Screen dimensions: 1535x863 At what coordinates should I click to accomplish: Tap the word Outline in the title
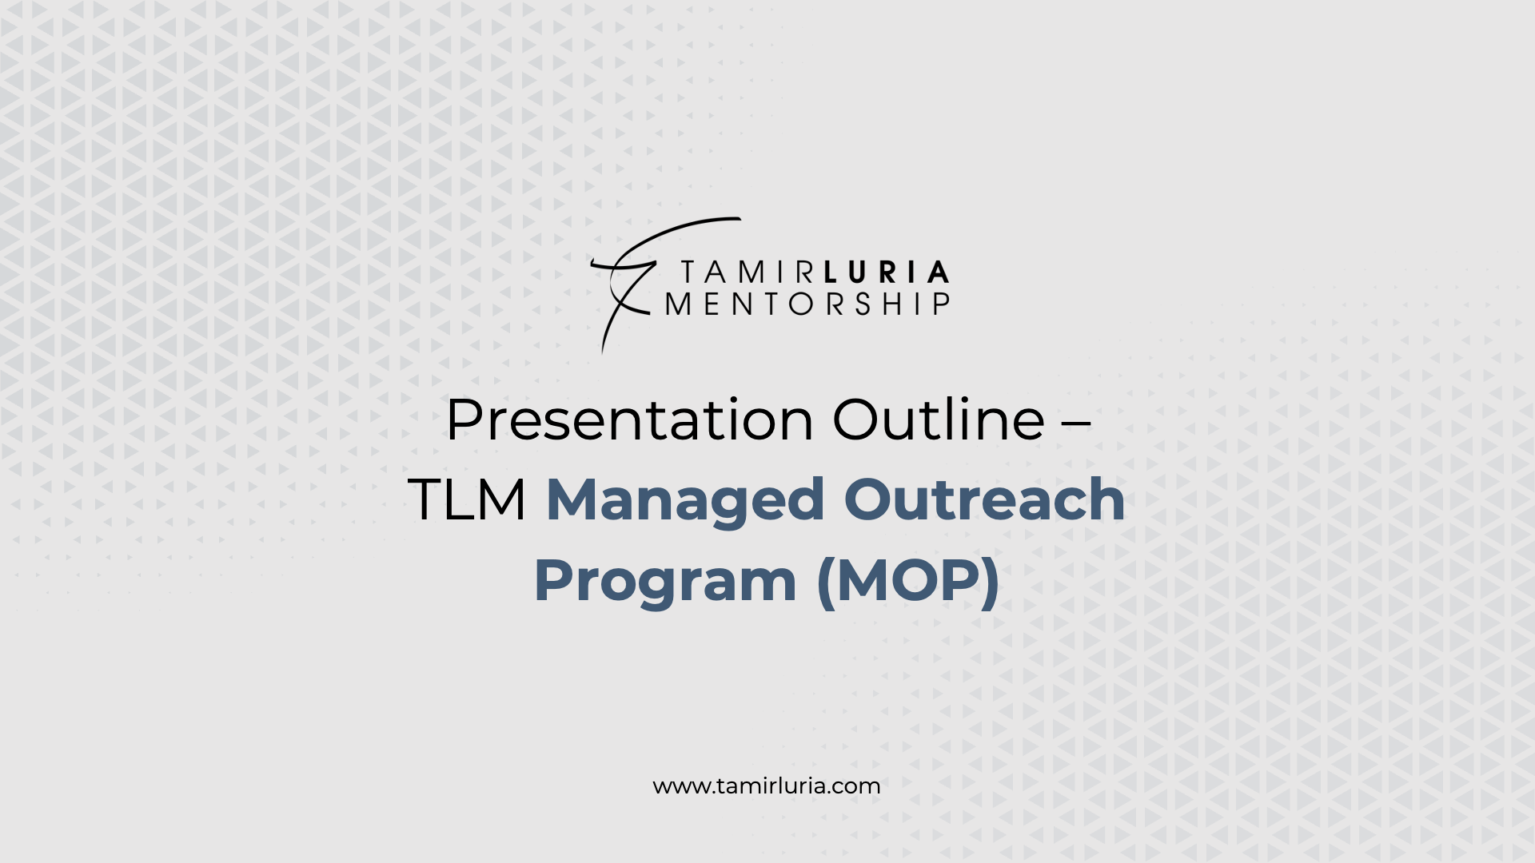point(939,420)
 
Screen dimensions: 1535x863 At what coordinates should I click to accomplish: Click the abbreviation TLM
point(467,499)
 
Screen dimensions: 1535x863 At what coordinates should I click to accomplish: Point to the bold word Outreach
point(985,499)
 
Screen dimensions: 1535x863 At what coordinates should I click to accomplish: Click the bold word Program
point(665,583)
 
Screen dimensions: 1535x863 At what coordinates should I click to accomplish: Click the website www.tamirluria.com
point(767,786)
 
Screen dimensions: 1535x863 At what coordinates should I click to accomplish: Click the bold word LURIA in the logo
point(886,272)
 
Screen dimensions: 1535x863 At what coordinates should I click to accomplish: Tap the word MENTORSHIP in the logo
point(807,304)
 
